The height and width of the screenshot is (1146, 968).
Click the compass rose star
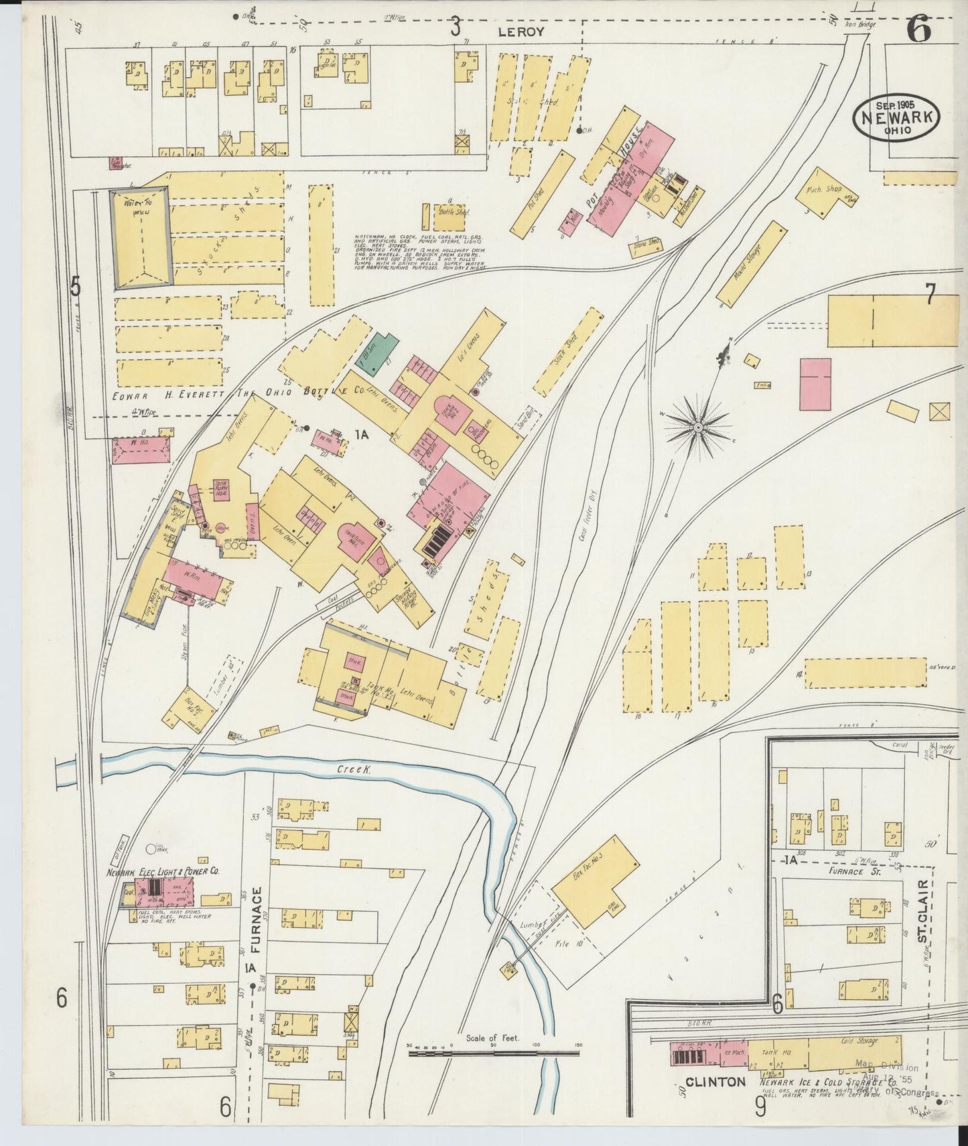697,426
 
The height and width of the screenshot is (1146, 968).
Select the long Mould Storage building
751,265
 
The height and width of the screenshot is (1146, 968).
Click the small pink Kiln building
570,225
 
